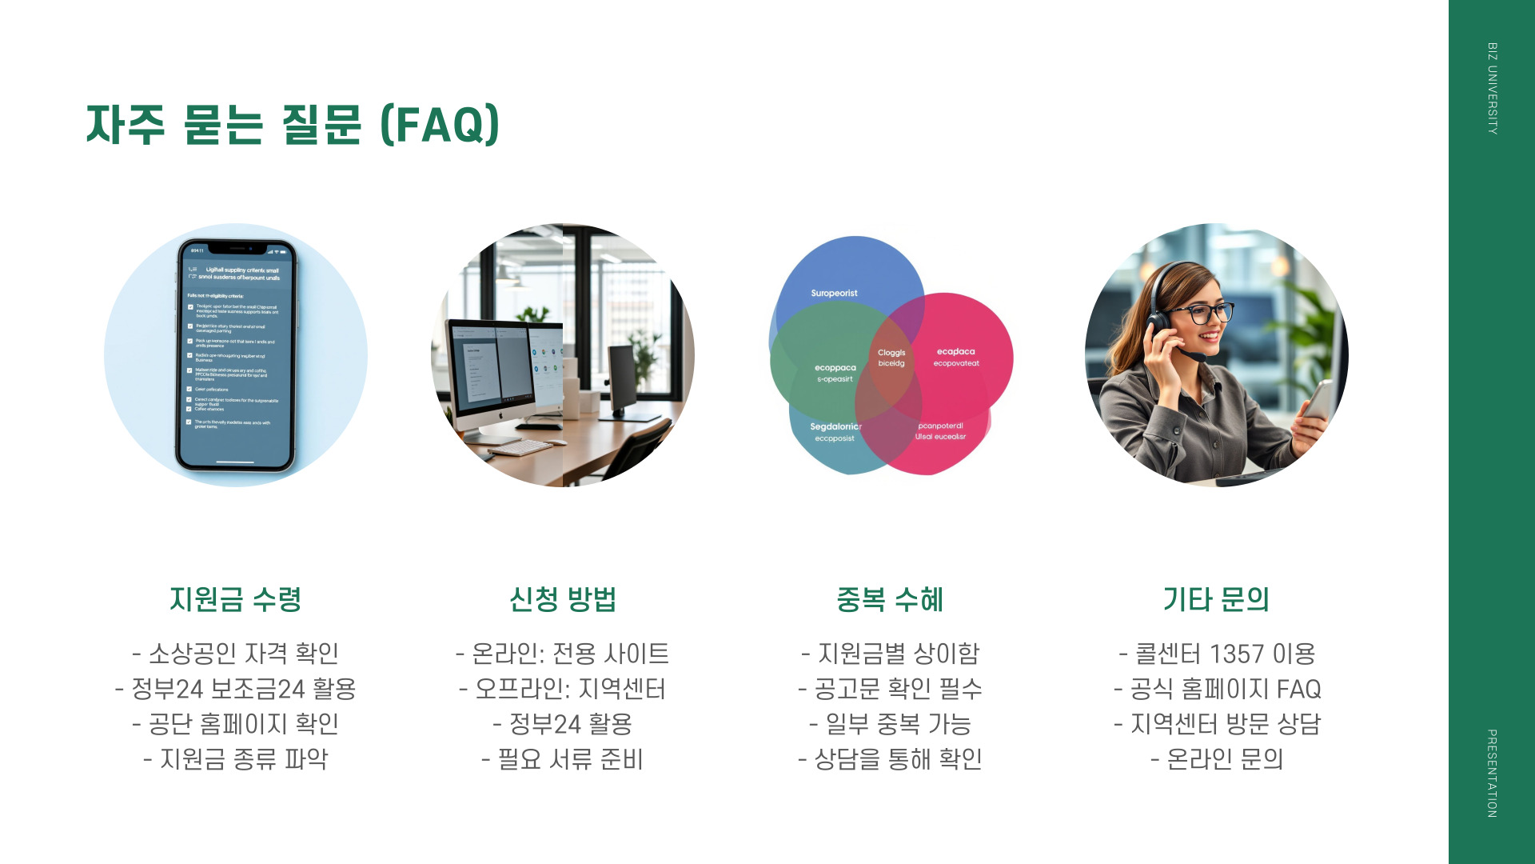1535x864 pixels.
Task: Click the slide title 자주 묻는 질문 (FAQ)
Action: click(293, 125)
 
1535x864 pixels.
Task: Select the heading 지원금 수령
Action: click(235, 599)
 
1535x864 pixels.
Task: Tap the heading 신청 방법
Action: click(562, 599)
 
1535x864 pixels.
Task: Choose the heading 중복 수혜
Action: click(890, 599)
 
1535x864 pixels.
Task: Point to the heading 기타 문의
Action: click(1216, 599)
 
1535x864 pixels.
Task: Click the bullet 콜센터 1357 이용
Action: click(1217, 654)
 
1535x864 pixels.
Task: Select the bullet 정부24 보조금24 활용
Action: click(235, 689)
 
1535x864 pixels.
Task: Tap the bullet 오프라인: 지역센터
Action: click(562, 689)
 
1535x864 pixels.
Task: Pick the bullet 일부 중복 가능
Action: click(890, 724)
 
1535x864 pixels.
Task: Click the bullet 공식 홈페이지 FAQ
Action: click(1217, 689)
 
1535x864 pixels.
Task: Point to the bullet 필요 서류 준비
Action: click(562, 759)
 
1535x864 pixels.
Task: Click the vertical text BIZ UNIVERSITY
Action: click(1492, 88)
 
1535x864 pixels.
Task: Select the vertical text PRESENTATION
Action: click(1492, 773)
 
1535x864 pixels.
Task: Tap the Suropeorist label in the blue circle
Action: click(834, 294)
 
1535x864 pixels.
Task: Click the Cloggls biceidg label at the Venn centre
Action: click(891, 358)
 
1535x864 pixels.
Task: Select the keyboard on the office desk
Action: click(520, 446)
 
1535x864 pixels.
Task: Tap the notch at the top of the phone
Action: click(234, 248)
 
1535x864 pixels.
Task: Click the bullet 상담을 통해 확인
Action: click(890, 759)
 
